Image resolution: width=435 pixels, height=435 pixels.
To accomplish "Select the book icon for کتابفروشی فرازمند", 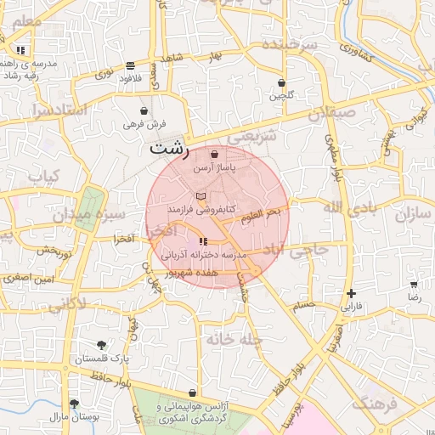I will [x=201, y=196].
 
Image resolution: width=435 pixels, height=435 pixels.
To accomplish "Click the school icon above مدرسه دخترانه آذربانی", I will [x=203, y=243].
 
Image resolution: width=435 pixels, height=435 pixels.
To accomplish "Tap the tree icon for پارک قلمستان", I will [x=102, y=345].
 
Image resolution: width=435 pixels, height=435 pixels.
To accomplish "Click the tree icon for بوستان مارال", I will [x=74, y=403].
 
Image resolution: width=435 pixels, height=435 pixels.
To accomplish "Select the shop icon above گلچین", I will [x=281, y=82].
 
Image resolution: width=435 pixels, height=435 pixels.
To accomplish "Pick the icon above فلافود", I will [x=129, y=65].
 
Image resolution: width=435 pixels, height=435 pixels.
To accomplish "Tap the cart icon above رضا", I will [x=414, y=285].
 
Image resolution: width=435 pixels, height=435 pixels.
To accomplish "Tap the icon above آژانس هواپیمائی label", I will [x=193, y=393].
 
